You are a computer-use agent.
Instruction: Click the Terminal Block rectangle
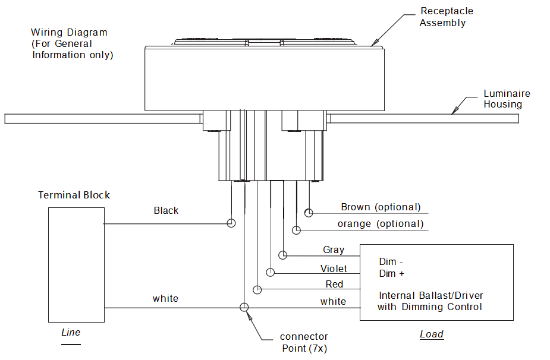pyautogui.click(x=76, y=264)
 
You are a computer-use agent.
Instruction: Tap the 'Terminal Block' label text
pyautogui.click(x=74, y=195)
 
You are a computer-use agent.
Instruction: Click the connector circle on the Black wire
pyautogui.click(x=231, y=223)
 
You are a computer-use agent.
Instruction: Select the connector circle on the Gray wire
pyautogui.click(x=283, y=255)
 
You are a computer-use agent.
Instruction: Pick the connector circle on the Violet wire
pyautogui.click(x=271, y=272)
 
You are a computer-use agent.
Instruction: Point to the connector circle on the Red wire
pyautogui.click(x=257, y=290)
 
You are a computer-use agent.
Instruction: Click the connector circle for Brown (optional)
pyautogui.click(x=309, y=212)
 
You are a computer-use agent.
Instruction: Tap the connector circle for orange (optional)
pyautogui.click(x=296, y=229)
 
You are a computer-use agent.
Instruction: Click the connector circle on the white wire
pyautogui.click(x=244, y=307)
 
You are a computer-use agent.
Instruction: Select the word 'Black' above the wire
pyautogui.click(x=166, y=210)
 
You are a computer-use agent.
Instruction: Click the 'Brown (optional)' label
pyautogui.click(x=381, y=207)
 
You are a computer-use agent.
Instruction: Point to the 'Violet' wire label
pyautogui.click(x=334, y=269)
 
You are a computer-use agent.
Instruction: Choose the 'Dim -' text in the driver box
pyautogui.click(x=391, y=261)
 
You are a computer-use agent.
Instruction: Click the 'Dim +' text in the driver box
pyautogui.click(x=392, y=273)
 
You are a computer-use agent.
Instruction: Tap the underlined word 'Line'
pyautogui.click(x=71, y=332)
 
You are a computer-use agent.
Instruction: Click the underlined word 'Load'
pyautogui.click(x=432, y=334)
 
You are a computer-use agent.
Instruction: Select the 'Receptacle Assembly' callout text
pyautogui.click(x=447, y=17)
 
